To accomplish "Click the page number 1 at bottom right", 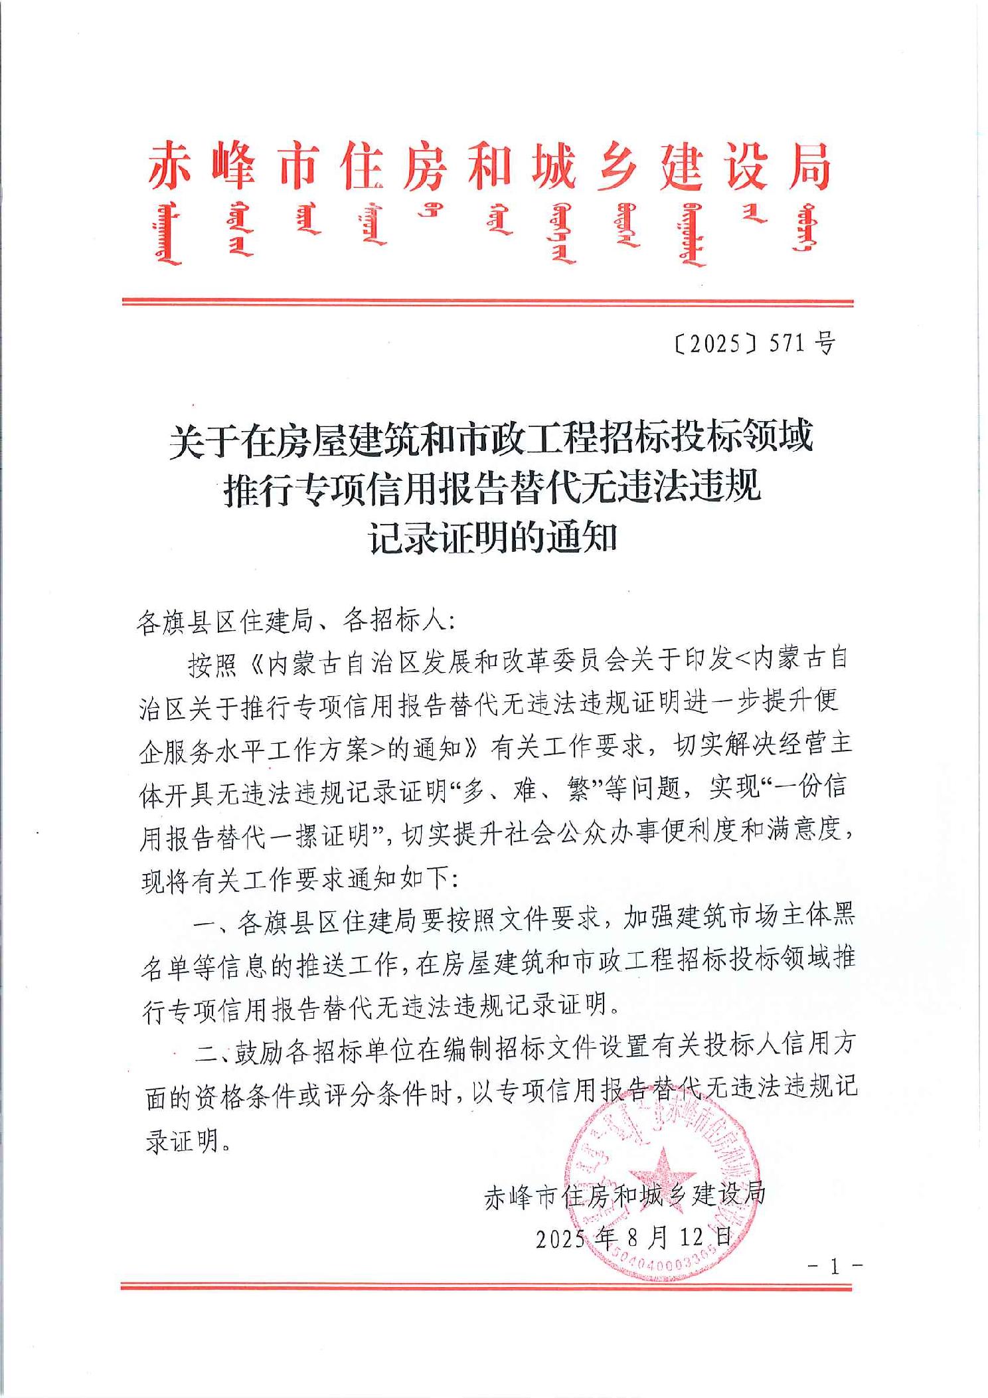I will pos(835,1267).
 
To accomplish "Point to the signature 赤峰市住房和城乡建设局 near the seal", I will pos(625,1195).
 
